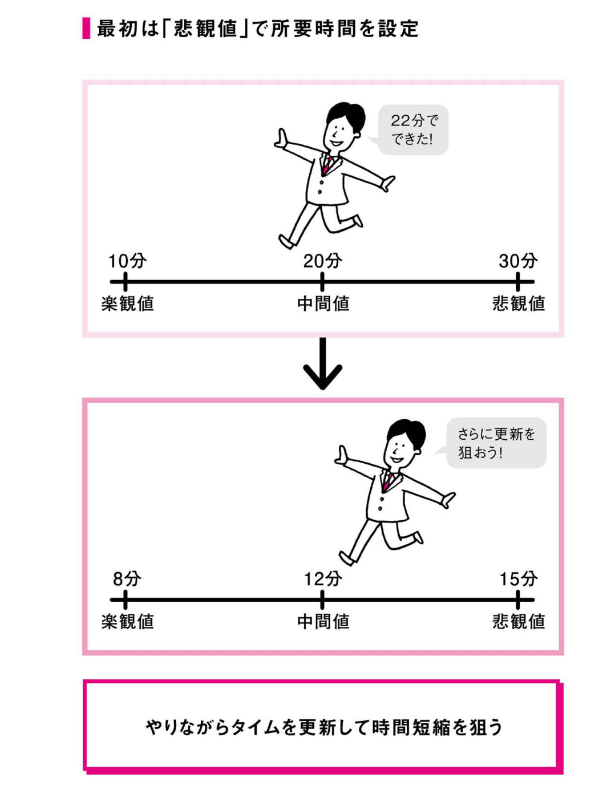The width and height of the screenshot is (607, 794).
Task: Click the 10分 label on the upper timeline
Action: tap(128, 261)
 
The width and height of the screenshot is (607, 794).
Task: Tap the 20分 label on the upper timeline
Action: tap(322, 261)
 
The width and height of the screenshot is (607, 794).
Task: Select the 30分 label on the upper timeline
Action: tap(518, 261)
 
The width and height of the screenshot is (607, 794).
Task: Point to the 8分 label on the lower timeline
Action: tap(127, 579)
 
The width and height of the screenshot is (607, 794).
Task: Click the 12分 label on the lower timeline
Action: tap(323, 579)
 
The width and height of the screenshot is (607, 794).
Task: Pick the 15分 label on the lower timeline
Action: tap(519, 579)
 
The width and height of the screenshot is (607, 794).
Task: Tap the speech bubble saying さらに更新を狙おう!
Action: tap(493, 443)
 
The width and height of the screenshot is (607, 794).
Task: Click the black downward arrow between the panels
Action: tap(323, 363)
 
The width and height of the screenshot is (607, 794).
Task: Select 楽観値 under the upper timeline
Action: tap(128, 303)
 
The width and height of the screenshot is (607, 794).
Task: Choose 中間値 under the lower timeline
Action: tap(323, 622)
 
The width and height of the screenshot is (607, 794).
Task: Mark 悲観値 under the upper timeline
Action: tap(519, 303)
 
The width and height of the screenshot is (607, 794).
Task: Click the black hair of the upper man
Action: tap(346, 114)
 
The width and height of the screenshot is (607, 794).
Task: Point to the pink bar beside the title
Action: tap(86, 28)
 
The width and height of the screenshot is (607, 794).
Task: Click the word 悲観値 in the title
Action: tap(205, 29)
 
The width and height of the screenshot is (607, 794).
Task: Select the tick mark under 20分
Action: tap(322, 281)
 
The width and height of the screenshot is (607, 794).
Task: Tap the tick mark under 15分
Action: tap(518, 599)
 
